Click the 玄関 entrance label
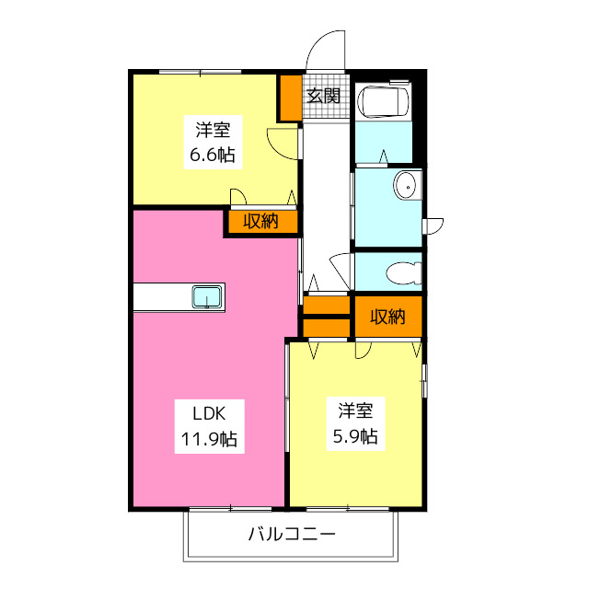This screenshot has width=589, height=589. coord(324,94)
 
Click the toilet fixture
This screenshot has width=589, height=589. coord(403,273)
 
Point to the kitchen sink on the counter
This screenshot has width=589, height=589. coord(206,297)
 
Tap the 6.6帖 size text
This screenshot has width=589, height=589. coord(213,154)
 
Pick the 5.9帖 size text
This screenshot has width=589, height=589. coord(355,436)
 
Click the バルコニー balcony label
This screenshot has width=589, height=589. coord(292,534)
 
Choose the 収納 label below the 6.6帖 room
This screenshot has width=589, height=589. coord(260,221)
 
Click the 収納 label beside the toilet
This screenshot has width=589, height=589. coord(387,317)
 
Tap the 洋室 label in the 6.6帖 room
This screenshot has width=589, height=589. coord(212,130)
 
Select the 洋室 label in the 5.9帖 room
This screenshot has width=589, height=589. coord(355,410)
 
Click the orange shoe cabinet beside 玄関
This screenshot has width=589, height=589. coord(290,98)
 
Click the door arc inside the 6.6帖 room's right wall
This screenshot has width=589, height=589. coord(279,143)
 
